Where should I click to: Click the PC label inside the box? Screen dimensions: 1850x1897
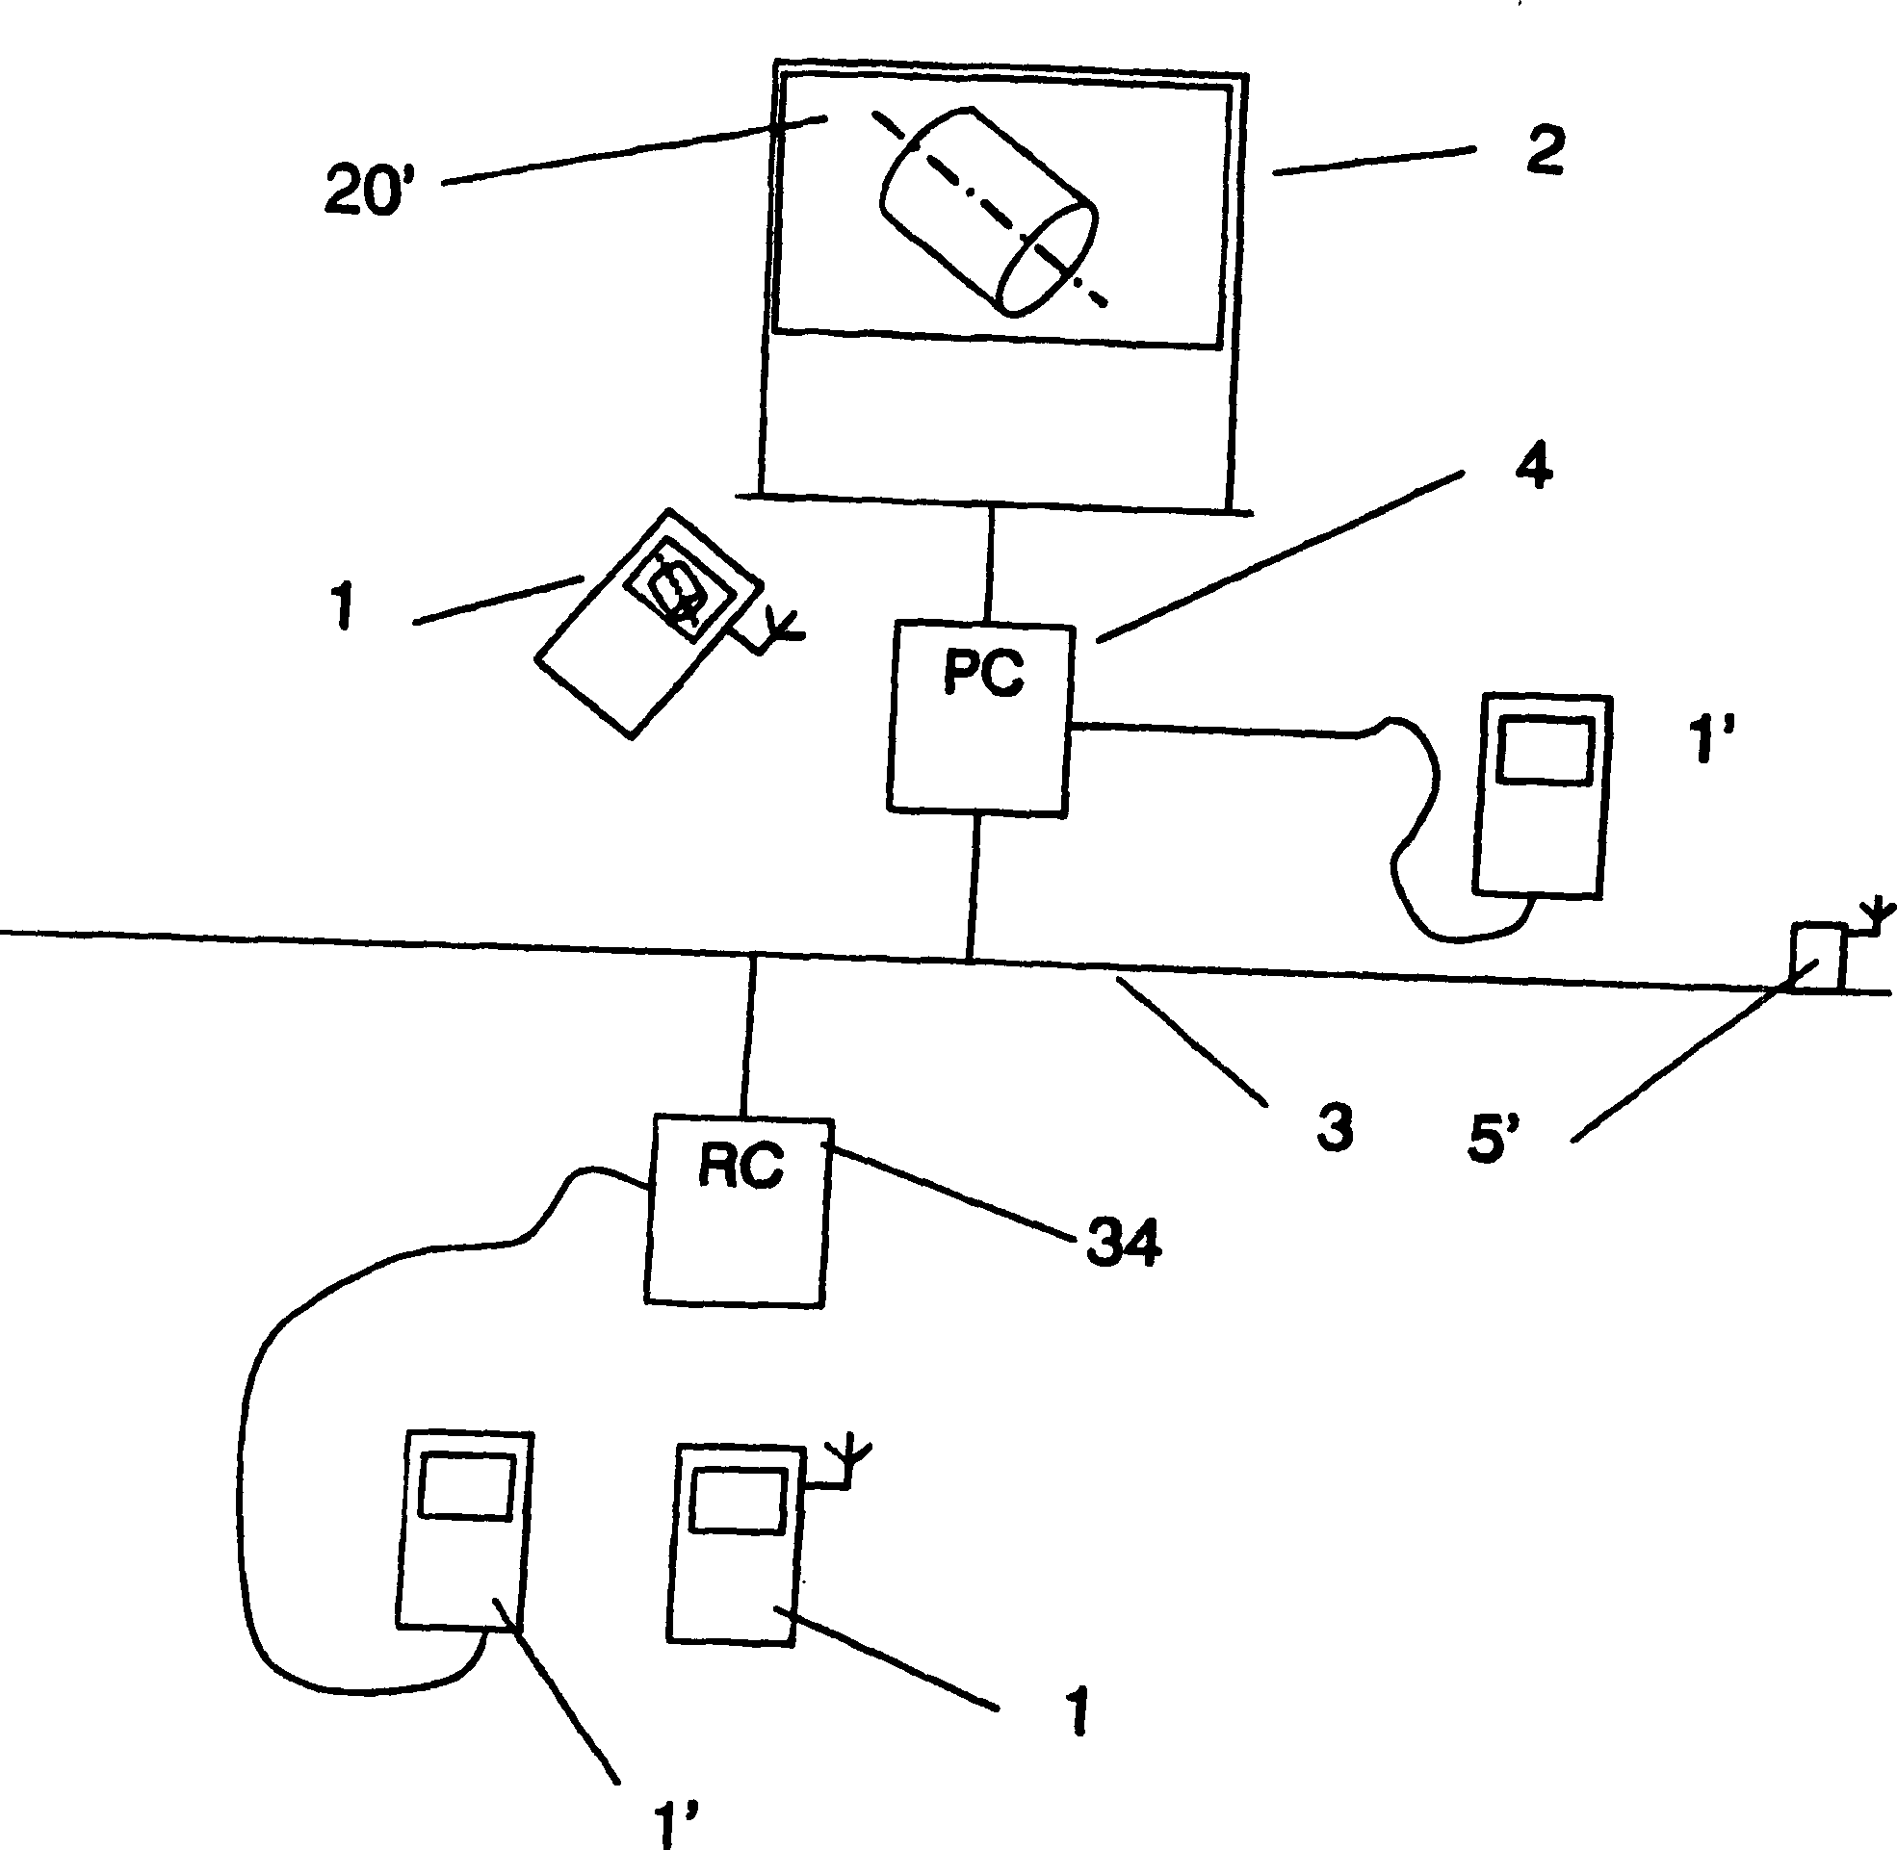coord(982,673)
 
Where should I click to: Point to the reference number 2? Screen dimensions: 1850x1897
coord(1545,151)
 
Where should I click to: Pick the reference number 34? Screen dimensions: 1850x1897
coord(1124,1244)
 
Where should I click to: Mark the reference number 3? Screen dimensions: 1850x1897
coord(1335,1128)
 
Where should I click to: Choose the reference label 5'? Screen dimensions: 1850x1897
coord(1494,1139)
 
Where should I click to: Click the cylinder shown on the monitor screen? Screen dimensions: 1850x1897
coord(988,212)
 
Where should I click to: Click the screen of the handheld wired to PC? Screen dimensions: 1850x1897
coord(1546,749)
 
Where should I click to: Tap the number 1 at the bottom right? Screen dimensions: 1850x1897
coord(1077,1711)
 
